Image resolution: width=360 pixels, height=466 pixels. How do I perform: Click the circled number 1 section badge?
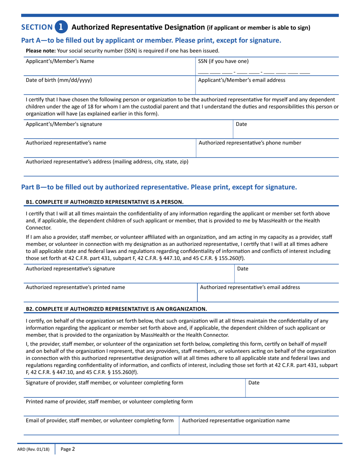pos(61,27)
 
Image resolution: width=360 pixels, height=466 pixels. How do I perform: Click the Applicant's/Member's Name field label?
pos(60,61)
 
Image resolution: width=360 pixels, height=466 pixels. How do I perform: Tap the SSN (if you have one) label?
pos(224,61)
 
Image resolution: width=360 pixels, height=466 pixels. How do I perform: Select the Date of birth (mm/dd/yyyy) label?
pos(58,80)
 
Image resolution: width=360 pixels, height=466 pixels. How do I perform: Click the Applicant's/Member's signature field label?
pos(64,124)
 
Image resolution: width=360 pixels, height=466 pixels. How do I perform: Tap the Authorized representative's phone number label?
pos(250,143)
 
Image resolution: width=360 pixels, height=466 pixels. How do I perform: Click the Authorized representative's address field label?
pos(107,162)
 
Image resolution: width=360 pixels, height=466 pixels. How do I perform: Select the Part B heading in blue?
pos(159,187)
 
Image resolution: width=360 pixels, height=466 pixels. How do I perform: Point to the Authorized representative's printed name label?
pos(75,287)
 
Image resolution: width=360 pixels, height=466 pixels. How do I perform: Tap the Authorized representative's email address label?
pos(250,287)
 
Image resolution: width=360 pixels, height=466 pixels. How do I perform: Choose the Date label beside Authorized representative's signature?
pos(243,269)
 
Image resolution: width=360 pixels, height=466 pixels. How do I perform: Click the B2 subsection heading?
pos(116,309)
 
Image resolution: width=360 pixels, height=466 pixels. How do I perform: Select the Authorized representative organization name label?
pos(236,420)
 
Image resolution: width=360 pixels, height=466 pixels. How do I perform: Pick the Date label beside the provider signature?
pos(254,383)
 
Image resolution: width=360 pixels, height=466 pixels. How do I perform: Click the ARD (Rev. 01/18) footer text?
pos(33,450)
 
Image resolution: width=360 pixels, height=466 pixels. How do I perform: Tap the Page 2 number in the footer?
pos(68,449)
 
